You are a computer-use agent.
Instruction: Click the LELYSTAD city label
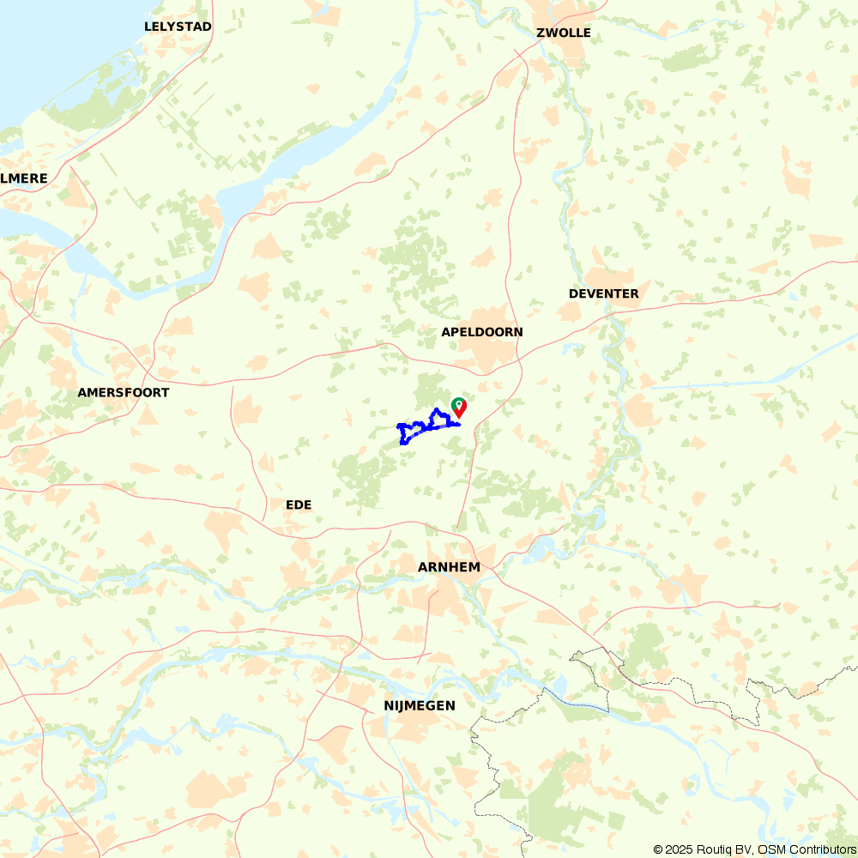[178, 27]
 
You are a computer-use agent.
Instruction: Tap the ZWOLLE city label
[563, 33]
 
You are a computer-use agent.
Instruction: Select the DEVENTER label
[603, 293]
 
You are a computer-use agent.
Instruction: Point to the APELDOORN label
[481, 332]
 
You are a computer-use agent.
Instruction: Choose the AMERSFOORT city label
[123, 392]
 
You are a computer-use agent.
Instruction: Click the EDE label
[299, 505]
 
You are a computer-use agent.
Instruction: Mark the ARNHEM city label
[449, 567]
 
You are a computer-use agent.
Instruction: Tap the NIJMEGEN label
[419, 705]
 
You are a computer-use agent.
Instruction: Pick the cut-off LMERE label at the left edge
[24, 178]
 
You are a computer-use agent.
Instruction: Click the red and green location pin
[459, 406]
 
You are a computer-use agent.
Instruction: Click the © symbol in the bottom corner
[659, 849]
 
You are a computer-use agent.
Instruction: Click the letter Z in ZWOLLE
[541, 33]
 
